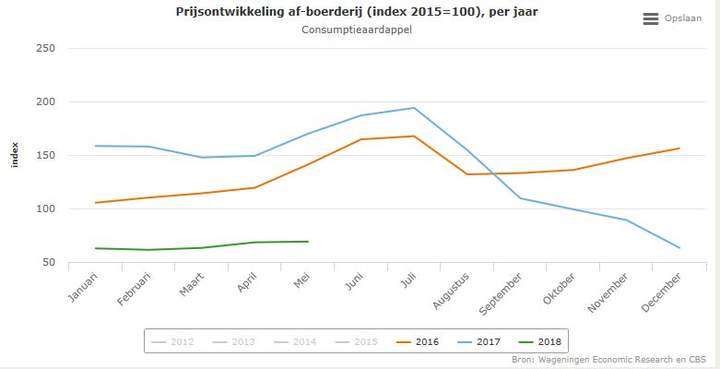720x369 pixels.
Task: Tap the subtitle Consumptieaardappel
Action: click(357, 30)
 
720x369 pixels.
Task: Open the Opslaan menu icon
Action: click(651, 18)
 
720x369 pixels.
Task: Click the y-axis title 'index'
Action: click(14, 155)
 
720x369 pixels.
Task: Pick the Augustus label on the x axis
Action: click(454, 288)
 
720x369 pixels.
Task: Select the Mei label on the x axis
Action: click(301, 280)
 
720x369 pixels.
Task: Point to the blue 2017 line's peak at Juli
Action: click(414, 108)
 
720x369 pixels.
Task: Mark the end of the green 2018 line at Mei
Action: click(308, 242)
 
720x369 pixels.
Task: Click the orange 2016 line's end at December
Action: click(679, 149)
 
